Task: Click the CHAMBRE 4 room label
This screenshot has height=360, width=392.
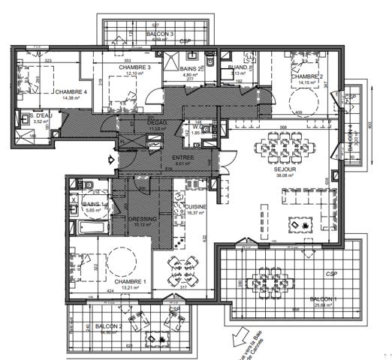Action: (71, 91)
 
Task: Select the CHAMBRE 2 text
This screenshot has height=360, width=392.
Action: (306, 76)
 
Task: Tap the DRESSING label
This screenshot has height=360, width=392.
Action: (143, 219)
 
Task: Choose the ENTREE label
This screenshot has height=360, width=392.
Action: (183, 157)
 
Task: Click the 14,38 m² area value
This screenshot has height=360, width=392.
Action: (71, 97)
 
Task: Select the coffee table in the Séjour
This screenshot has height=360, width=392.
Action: (304, 224)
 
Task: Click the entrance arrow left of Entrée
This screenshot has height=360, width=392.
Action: (111, 160)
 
